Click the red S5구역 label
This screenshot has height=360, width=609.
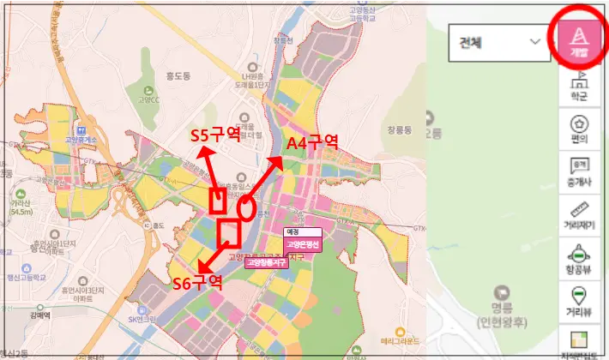pyautogui.click(x=214, y=135)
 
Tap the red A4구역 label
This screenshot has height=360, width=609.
pyautogui.click(x=312, y=142)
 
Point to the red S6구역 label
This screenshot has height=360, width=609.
pyautogui.click(x=198, y=284)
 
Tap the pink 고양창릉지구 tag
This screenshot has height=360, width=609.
pyautogui.click(x=266, y=263)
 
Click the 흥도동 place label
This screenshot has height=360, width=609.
pyautogui.click(x=177, y=74)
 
